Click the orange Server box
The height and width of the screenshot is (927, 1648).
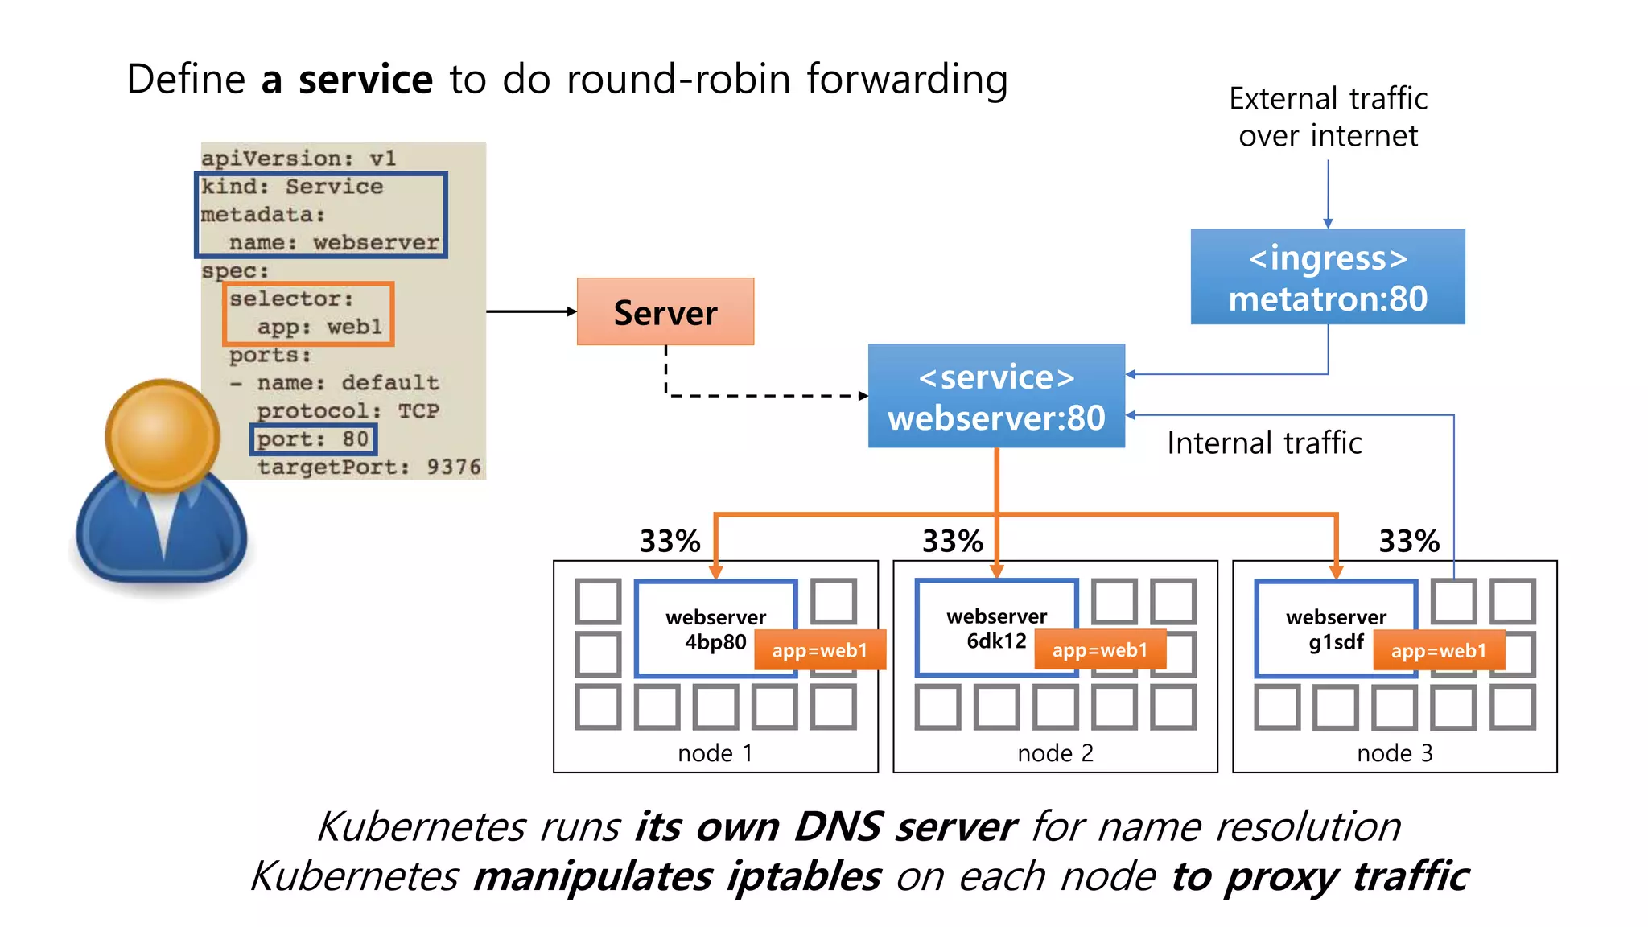[x=665, y=312]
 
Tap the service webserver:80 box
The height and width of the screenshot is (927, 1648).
[x=996, y=397]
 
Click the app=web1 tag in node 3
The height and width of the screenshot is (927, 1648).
[x=1438, y=651]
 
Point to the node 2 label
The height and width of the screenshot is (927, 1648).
[x=1055, y=753]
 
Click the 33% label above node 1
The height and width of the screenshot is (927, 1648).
[x=669, y=542]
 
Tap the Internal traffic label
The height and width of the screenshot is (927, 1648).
[x=1264, y=443]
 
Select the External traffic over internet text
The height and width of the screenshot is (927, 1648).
[x=1328, y=117]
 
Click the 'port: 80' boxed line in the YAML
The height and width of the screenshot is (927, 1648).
[x=313, y=439]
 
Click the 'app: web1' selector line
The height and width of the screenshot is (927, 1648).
[x=319, y=328]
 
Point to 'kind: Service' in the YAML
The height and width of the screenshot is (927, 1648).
[x=292, y=187]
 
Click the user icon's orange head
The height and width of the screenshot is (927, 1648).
[x=163, y=435]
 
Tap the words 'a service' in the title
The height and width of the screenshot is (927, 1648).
[x=347, y=80]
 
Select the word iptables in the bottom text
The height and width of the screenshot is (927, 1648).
[x=804, y=876]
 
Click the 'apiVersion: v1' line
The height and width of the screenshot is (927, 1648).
[x=299, y=159]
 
